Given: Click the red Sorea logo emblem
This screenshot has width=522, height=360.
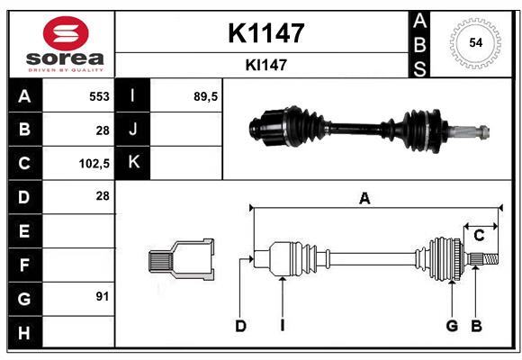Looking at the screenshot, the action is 66,33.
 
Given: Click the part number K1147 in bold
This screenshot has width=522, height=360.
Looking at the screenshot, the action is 266,33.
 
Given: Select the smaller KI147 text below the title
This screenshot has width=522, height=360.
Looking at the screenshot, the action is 266,65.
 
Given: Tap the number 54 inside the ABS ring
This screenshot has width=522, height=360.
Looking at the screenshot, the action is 476,43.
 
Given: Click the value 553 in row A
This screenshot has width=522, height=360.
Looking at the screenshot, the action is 99,96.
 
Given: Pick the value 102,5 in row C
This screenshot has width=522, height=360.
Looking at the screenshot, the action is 94,164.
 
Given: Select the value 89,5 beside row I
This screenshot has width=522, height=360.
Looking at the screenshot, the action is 205,96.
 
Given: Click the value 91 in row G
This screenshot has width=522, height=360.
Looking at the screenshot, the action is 103,296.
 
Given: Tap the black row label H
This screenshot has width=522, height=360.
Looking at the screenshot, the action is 25,332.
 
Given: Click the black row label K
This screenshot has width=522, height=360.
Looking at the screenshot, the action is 133,163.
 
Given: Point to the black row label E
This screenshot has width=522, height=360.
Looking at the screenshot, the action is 25,230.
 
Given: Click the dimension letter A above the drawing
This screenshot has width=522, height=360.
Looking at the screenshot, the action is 364,199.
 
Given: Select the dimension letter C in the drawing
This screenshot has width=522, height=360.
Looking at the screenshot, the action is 479,236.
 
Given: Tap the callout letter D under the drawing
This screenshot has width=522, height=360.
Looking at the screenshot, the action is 240,326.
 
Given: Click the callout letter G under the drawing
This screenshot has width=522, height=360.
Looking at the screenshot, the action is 452,326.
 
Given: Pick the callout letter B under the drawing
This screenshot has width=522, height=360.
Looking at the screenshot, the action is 476,326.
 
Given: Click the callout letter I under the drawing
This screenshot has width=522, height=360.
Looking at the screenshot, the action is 283,326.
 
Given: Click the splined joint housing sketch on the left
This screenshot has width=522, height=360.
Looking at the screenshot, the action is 181,259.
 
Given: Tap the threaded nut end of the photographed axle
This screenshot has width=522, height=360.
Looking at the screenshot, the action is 483,132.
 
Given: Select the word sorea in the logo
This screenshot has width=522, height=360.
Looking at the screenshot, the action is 65,58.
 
